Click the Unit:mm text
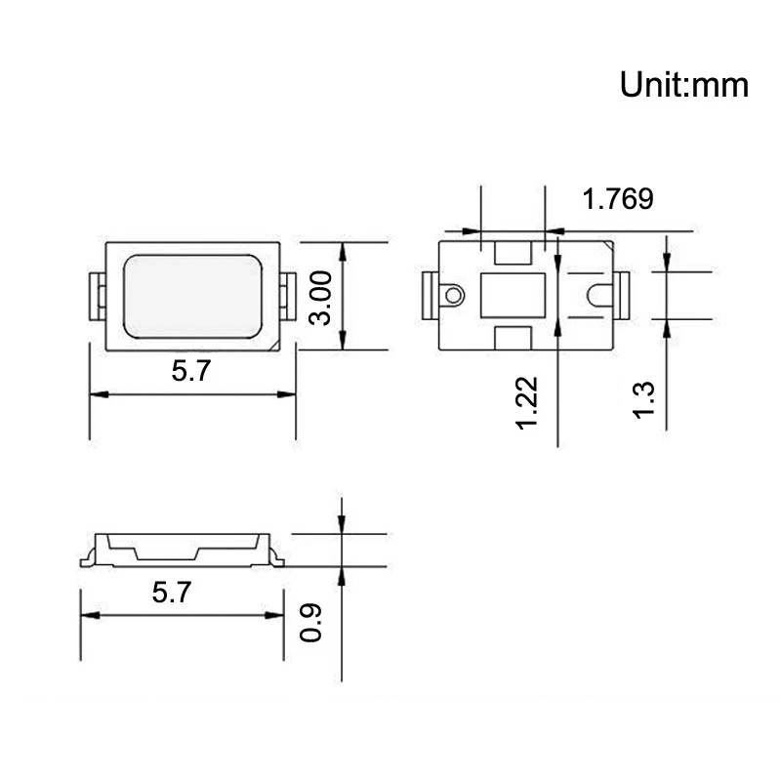tap(683, 86)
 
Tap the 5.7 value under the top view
tap(190, 371)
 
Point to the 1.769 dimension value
tap(617, 199)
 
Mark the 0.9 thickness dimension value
tap(311, 622)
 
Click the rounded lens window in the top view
tap(192, 296)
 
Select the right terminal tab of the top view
tap(289, 294)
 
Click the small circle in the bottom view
tap(452, 294)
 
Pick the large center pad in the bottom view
tap(513, 294)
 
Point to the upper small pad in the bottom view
tap(514, 252)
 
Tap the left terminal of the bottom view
tap(430, 294)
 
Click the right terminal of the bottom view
tap(621, 294)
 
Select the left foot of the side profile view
tap(87, 559)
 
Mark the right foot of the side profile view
tap(277, 559)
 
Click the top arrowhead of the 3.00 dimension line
tap(342, 251)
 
